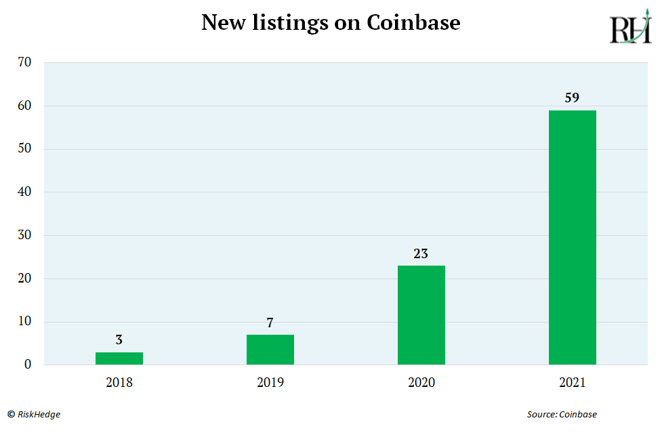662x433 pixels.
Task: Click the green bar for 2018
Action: coord(119,358)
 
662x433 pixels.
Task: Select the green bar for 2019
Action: coord(270,350)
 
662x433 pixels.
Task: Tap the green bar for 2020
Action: coord(421,315)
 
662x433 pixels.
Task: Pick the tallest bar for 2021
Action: coord(572,237)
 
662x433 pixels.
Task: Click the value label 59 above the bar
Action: coord(572,98)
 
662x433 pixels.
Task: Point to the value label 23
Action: coord(421,253)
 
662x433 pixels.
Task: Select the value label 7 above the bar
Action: coord(270,323)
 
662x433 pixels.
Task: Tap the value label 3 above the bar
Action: coord(119,340)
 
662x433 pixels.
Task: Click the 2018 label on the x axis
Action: coord(119,382)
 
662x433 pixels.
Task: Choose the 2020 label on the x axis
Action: coord(421,382)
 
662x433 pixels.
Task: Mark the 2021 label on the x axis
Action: coord(572,382)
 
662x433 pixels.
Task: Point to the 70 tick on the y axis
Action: coord(24,62)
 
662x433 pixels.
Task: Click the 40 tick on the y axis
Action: coord(24,192)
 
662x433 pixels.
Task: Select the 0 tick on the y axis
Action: coord(28,365)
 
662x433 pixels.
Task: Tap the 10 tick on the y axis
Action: coord(24,322)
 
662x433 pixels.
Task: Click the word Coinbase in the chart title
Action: coord(413,22)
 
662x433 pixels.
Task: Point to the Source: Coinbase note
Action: coord(562,414)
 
